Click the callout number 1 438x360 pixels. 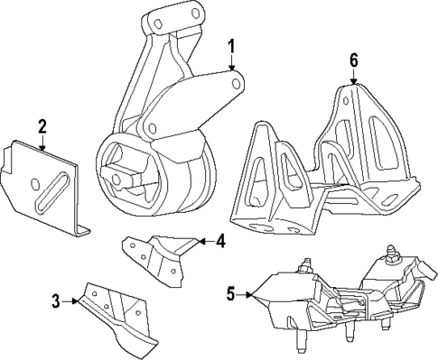pyautogui.click(x=231, y=44)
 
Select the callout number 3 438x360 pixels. pyautogui.click(x=56, y=301)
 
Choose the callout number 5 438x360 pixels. pyautogui.click(x=230, y=292)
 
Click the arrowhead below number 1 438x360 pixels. pyautogui.click(x=231, y=68)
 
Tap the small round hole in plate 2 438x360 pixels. pyautogui.click(x=35, y=186)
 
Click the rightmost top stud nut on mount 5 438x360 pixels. pyautogui.click(x=396, y=257)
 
